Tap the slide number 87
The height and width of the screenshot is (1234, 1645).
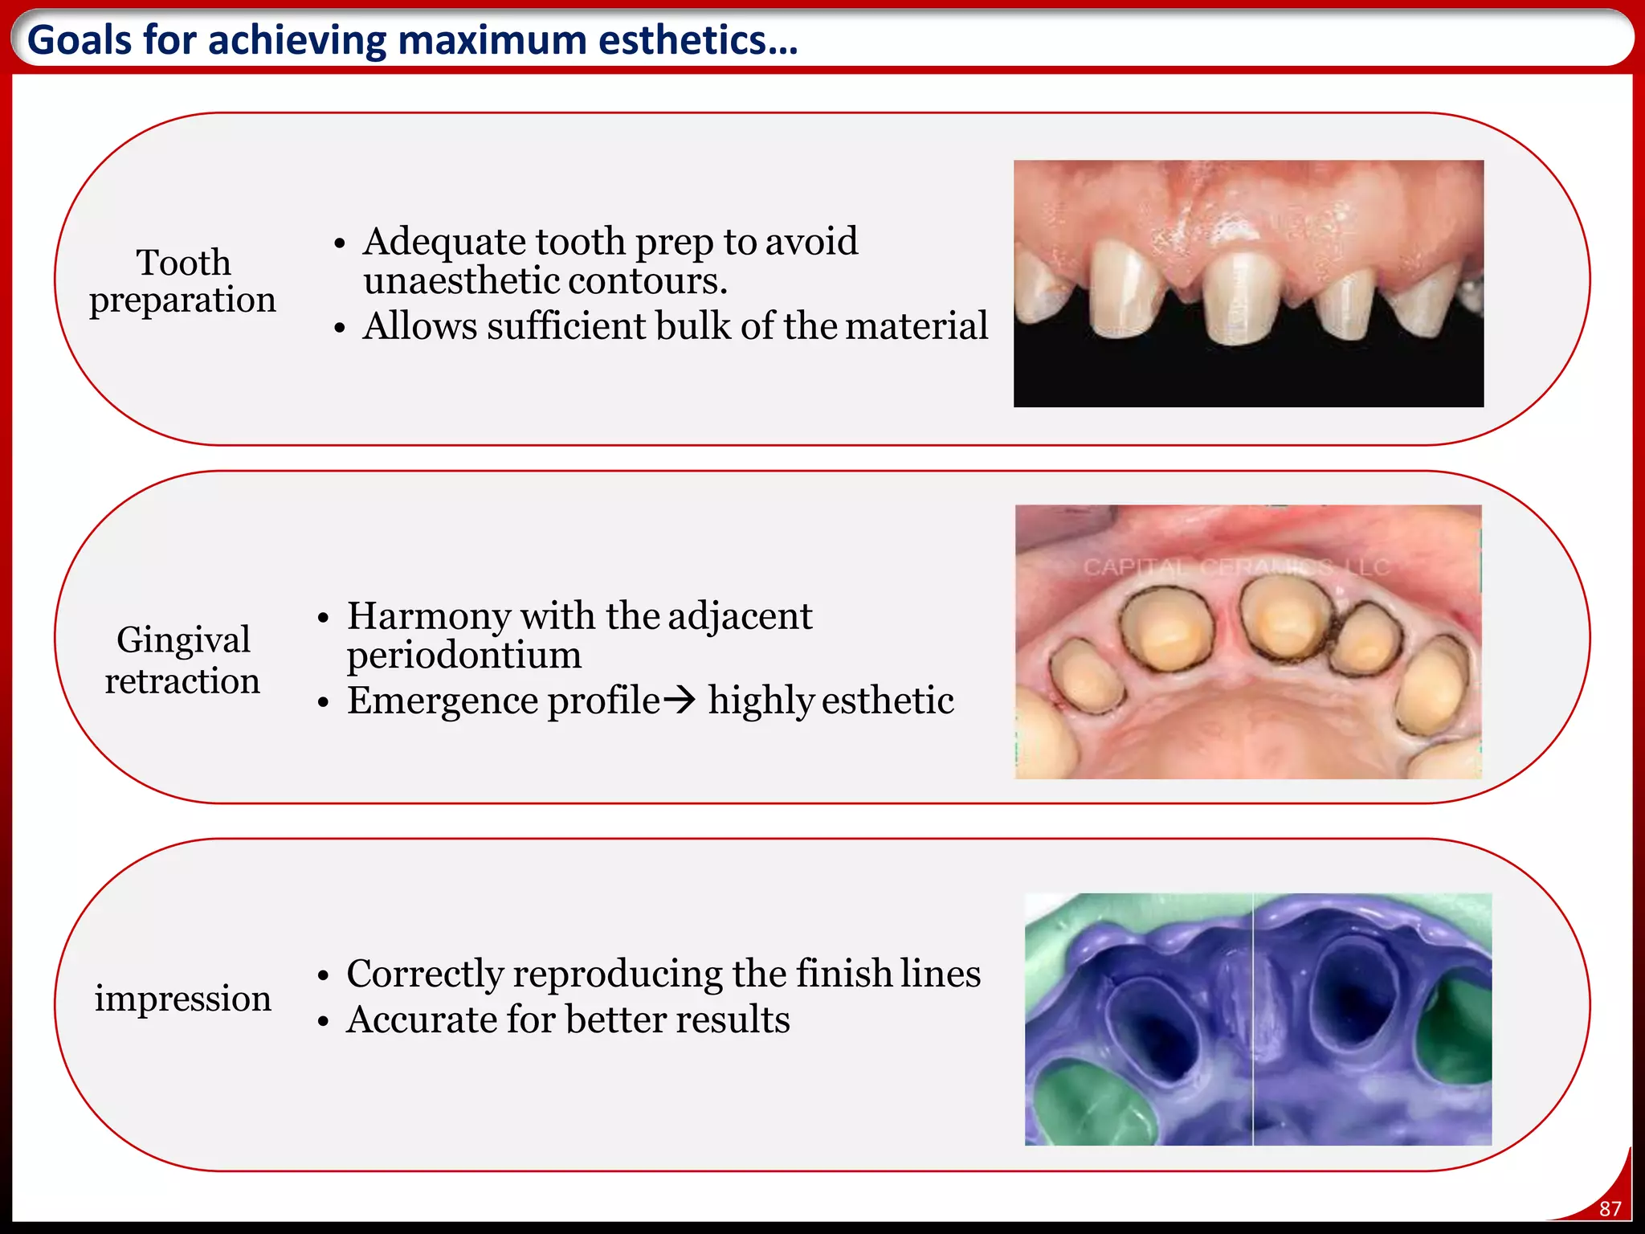pos(1610,1208)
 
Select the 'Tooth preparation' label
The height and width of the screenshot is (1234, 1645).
pos(183,281)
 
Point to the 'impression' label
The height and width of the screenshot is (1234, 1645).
pos(183,999)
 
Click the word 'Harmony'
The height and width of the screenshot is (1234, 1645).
pos(429,616)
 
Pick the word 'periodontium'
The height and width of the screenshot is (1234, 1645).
pos(463,656)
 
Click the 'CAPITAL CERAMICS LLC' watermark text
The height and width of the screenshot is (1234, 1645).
pos(1236,567)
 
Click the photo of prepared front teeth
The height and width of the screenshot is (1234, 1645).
pos(1248,284)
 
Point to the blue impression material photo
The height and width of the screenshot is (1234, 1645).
pos(1258,1019)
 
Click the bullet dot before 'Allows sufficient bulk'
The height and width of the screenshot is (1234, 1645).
pos(340,329)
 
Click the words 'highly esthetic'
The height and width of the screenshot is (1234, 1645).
pos(831,701)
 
